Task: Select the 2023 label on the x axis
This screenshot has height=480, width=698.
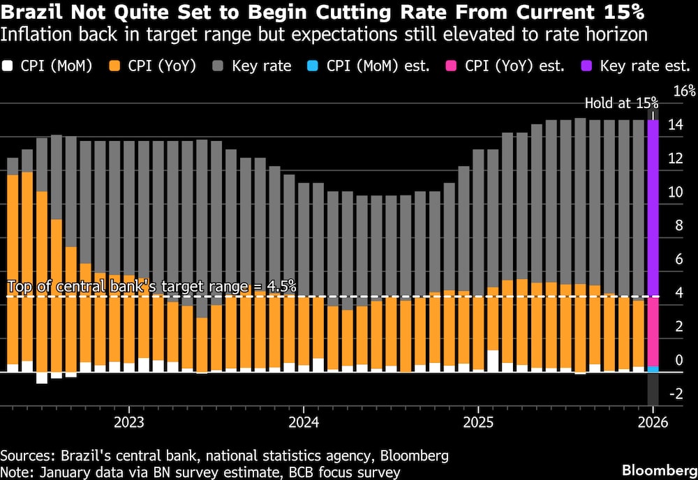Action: [x=128, y=423]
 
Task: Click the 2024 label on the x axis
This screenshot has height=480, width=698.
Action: [x=304, y=423]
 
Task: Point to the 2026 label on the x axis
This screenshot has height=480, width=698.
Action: [x=653, y=423]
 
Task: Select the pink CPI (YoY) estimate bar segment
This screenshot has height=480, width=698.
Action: [x=653, y=331]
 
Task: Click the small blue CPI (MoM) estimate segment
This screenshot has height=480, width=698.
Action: [x=653, y=368]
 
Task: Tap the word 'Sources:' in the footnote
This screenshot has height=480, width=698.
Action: [x=27, y=456]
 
